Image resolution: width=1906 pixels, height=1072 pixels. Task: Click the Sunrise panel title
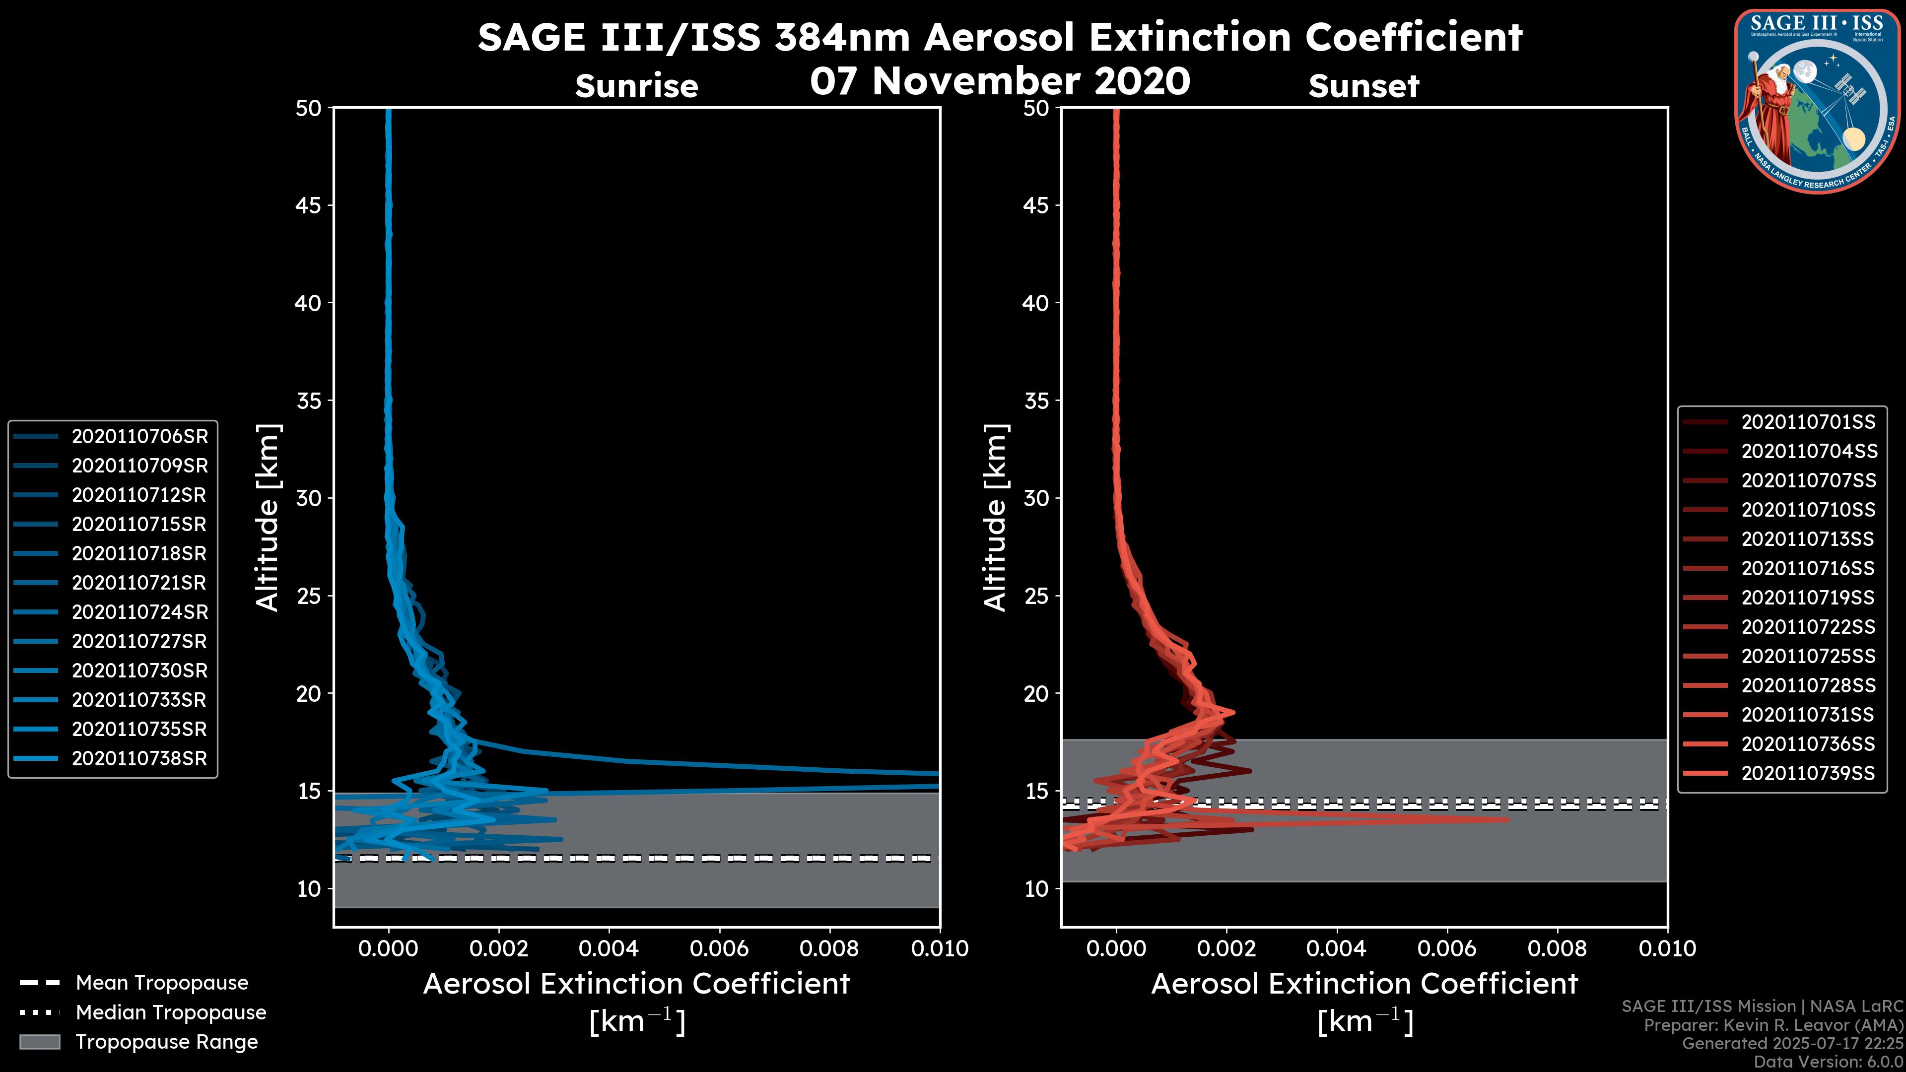(636, 86)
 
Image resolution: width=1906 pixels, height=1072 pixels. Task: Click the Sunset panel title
(1363, 86)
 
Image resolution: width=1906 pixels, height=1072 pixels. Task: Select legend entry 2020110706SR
(139, 437)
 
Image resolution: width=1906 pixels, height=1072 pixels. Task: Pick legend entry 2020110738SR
(139, 758)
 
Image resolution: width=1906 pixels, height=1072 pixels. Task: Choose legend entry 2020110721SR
(139, 583)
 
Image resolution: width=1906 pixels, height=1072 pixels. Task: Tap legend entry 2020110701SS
(1808, 422)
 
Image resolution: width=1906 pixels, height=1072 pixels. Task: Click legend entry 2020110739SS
(1808, 773)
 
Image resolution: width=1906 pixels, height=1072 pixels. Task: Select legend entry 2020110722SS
(1808, 627)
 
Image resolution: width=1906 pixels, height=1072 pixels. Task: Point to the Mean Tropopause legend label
(162, 983)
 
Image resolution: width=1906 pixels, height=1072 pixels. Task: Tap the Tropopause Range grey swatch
(39, 1042)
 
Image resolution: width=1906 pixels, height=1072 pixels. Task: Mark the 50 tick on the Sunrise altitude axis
(309, 108)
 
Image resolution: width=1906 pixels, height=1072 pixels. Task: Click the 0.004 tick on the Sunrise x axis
(609, 948)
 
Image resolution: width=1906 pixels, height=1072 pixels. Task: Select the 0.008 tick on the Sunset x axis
(1558, 948)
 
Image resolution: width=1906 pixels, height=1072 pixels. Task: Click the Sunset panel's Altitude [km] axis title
(995, 518)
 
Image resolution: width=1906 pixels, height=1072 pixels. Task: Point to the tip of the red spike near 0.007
(1507, 819)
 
